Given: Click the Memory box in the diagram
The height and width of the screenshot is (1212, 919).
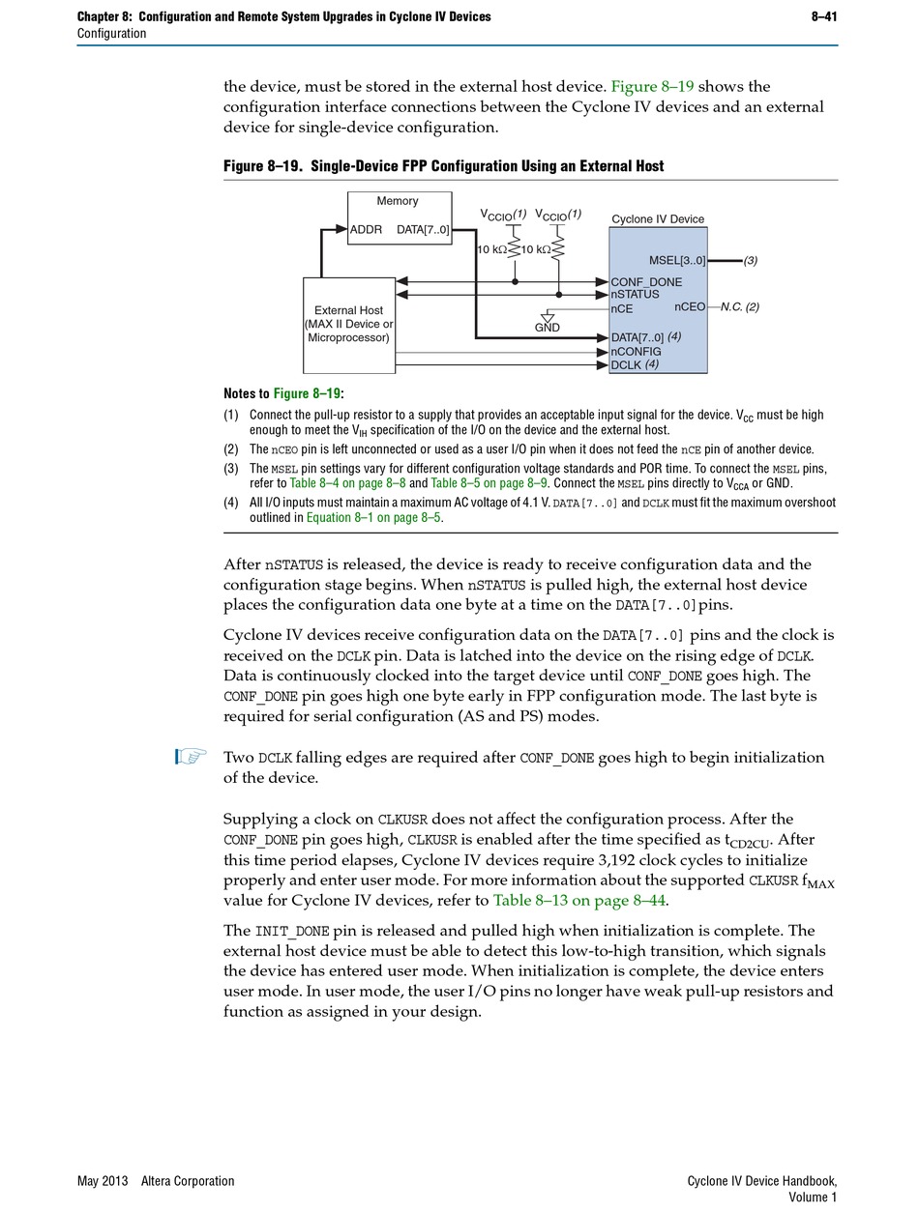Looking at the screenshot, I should [x=399, y=217].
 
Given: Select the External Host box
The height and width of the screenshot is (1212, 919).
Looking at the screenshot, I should [x=349, y=325].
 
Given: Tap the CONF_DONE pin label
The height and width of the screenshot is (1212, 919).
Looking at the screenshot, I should [x=646, y=282].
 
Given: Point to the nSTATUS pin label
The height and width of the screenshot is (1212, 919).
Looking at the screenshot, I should [x=635, y=295].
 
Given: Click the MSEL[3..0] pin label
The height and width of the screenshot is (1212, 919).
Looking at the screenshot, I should [x=677, y=261].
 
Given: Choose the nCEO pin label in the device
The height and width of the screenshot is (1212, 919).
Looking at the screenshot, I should [x=690, y=306].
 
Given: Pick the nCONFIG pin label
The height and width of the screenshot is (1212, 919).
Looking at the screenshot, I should [x=636, y=352].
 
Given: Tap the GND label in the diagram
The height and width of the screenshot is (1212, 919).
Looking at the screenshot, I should [x=548, y=329].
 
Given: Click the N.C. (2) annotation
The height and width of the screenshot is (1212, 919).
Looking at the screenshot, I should [x=740, y=307].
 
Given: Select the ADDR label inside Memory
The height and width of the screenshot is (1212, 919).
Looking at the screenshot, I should [x=366, y=230].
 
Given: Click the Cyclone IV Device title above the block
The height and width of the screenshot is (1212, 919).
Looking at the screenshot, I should [x=658, y=219].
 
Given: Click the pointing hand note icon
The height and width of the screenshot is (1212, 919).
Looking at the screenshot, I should [x=192, y=757].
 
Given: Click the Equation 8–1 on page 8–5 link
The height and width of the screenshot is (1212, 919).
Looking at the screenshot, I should [x=373, y=518].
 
